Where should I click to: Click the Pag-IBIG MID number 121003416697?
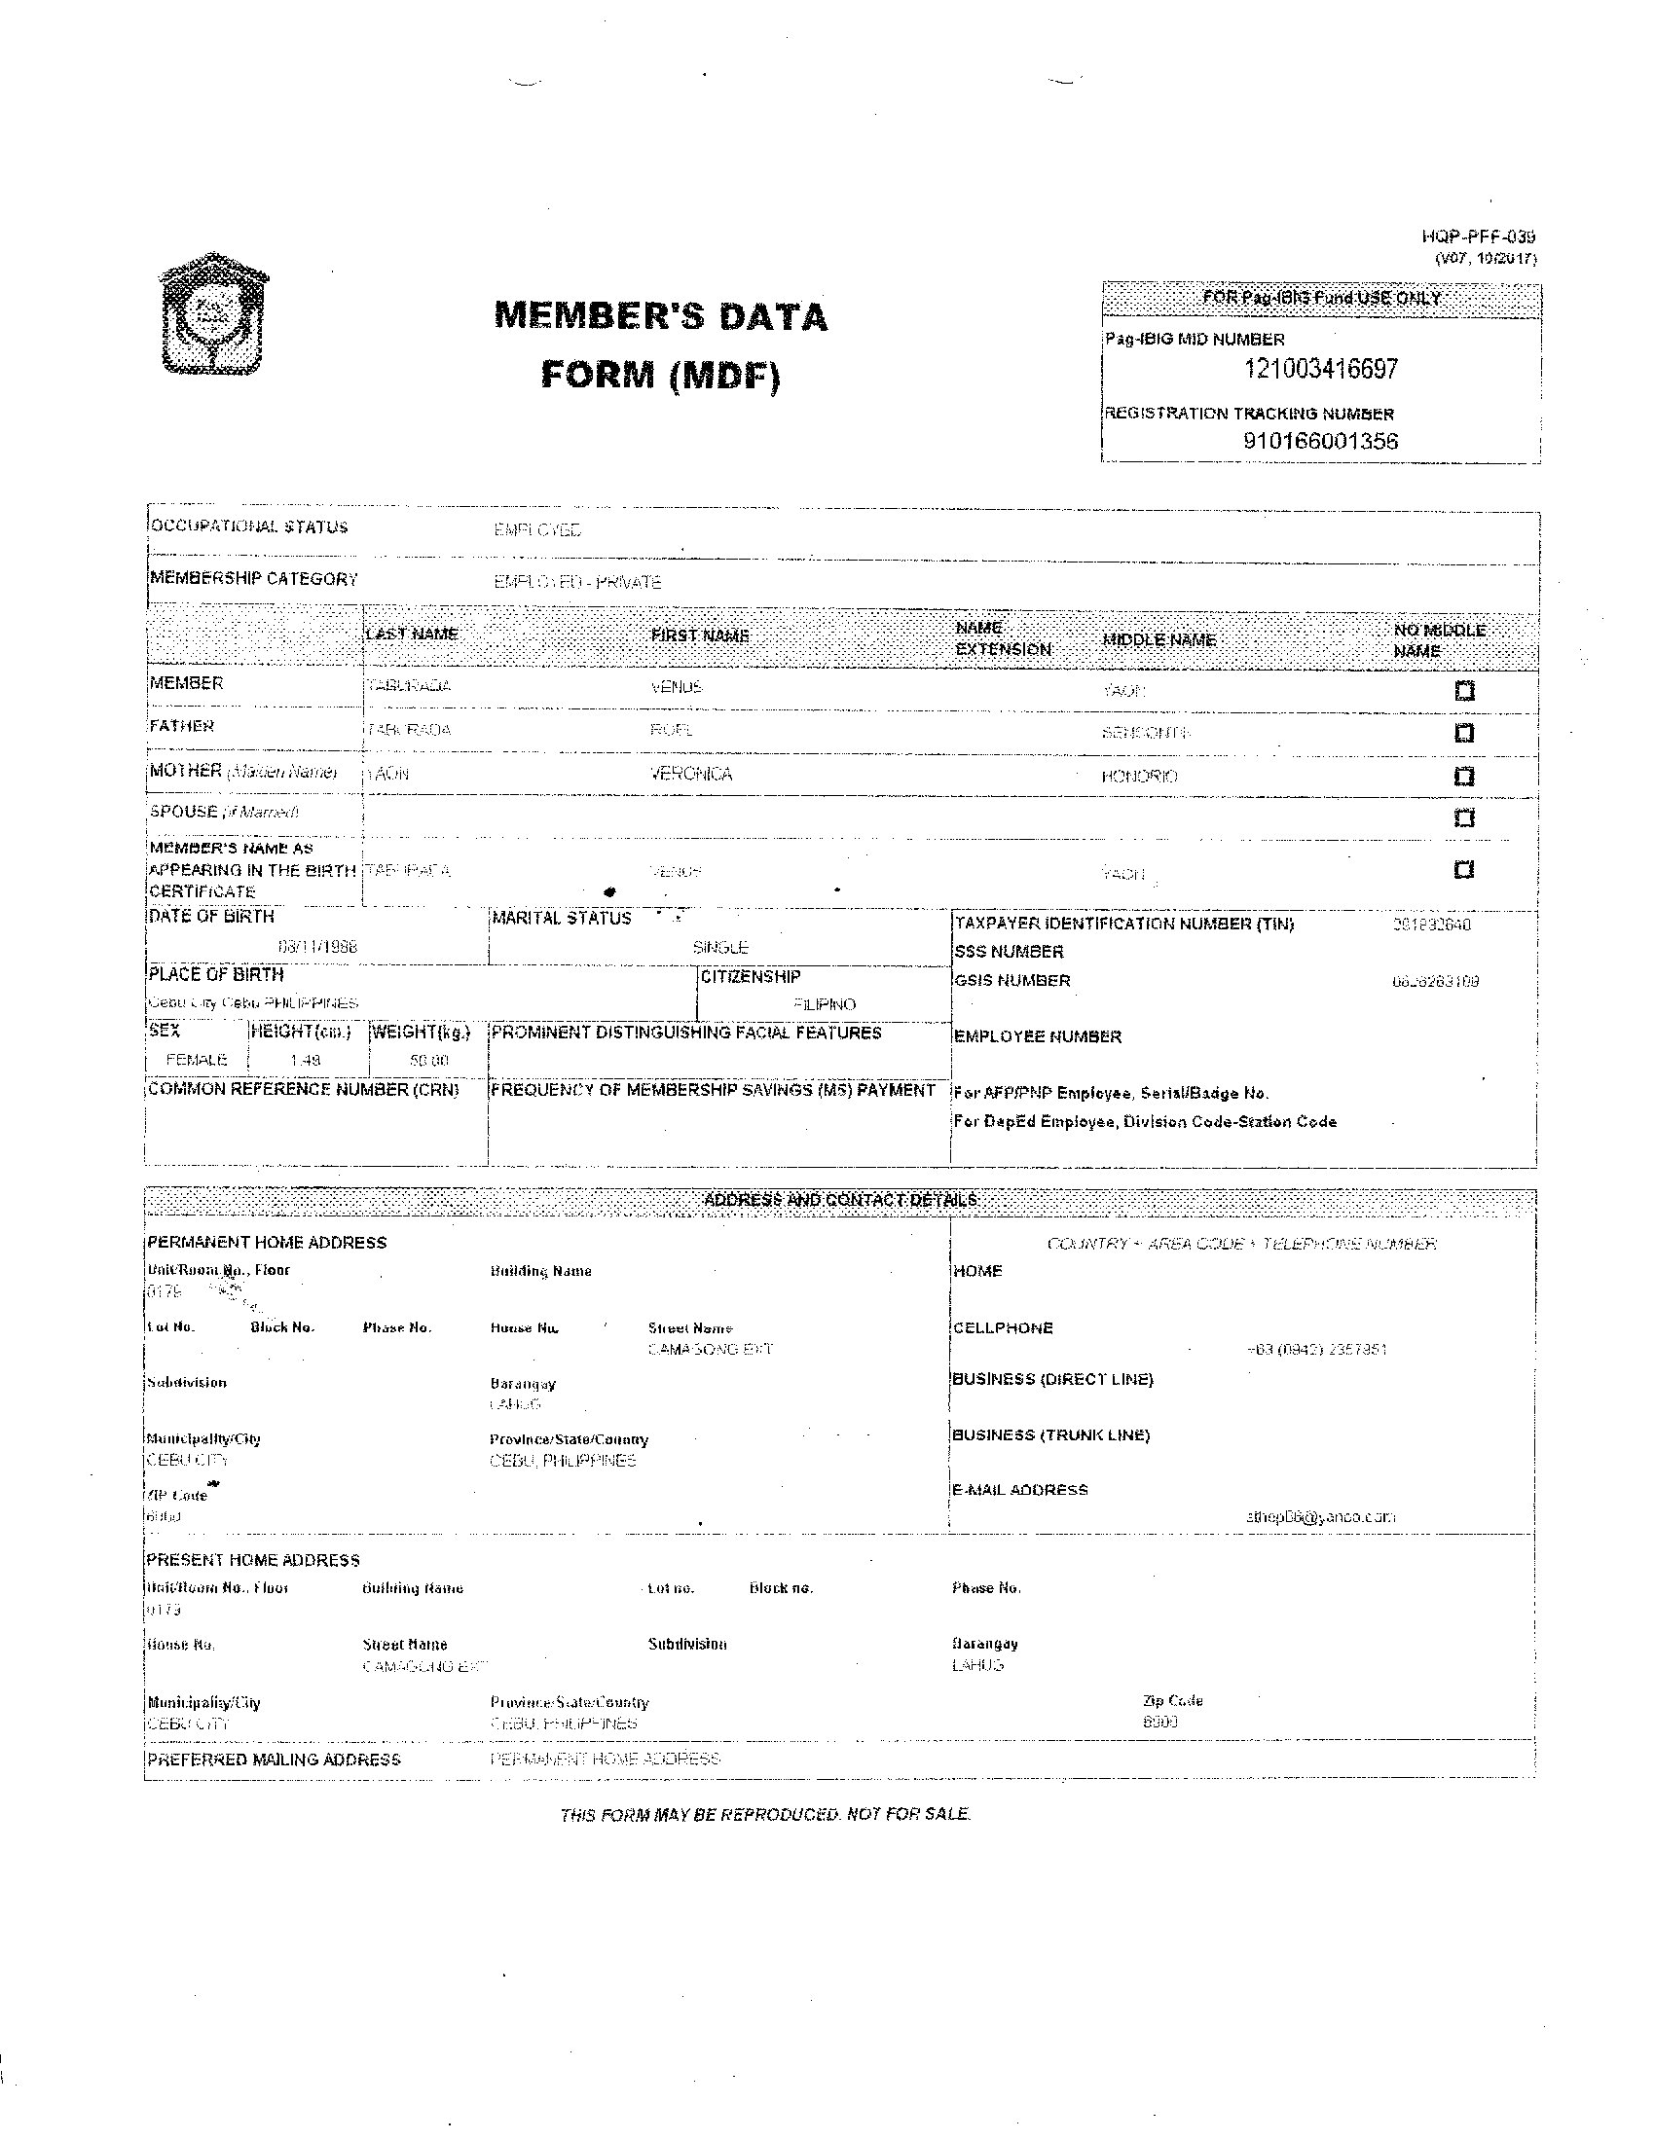point(1320,370)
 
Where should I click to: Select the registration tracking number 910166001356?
point(1320,441)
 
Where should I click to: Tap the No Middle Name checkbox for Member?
point(1464,691)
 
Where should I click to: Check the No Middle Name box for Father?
point(1464,733)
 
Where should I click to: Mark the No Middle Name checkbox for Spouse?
point(1464,817)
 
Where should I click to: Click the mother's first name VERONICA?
point(691,775)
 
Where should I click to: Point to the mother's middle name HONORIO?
point(1139,777)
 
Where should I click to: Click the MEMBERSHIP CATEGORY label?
point(254,578)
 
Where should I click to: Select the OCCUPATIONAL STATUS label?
point(248,526)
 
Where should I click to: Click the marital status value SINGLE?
point(720,948)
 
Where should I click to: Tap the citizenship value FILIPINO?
point(825,1005)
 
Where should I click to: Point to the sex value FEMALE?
point(196,1060)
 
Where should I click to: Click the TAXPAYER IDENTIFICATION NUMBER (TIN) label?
point(1124,924)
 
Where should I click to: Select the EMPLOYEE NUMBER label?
point(1038,1036)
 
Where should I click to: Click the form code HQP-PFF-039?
point(1478,236)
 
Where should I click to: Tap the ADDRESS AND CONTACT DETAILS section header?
point(840,1201)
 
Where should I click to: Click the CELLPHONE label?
point(1003,1328)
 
